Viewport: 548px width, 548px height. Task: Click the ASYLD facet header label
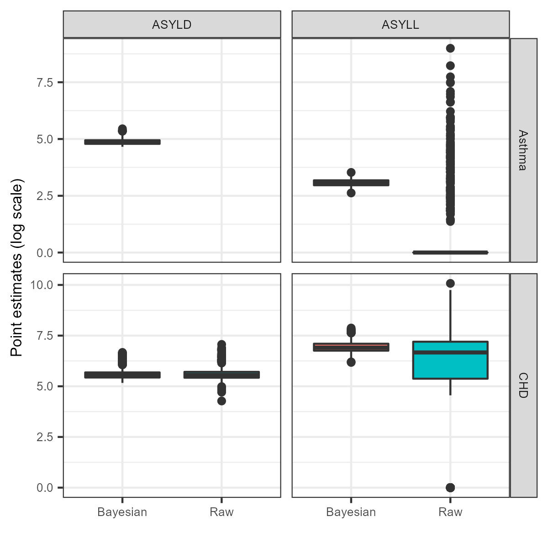coord(172,25)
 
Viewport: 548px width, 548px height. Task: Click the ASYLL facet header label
coord(400,25)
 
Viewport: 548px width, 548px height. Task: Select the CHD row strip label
coord(523,385)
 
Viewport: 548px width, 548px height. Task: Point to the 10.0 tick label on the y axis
coord(42,285)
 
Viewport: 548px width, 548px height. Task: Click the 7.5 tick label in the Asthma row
coord(45,83)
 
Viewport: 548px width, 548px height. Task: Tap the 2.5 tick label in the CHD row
coord(45,437)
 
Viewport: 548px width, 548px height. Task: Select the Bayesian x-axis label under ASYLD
coord(122,512)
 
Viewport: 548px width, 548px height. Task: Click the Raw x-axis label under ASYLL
coord(450,512)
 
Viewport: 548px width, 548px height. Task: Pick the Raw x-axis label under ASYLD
coord(221,512)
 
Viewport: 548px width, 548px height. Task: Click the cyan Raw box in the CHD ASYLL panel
coord(450,365)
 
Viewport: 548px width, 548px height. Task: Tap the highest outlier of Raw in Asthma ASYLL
coord(450,48)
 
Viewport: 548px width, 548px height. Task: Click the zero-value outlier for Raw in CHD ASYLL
coord(450,488)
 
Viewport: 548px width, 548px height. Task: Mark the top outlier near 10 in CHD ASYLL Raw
coord(450,284)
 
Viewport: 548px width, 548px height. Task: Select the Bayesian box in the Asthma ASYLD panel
coord(122,142)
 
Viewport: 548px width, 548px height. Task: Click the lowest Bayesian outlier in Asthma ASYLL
coord(351,193)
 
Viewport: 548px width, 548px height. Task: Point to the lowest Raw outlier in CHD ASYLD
coord(221,401)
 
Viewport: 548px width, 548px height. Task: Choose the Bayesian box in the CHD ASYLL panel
coord(351,347)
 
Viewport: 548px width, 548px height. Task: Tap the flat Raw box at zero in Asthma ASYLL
coord(450,253)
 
